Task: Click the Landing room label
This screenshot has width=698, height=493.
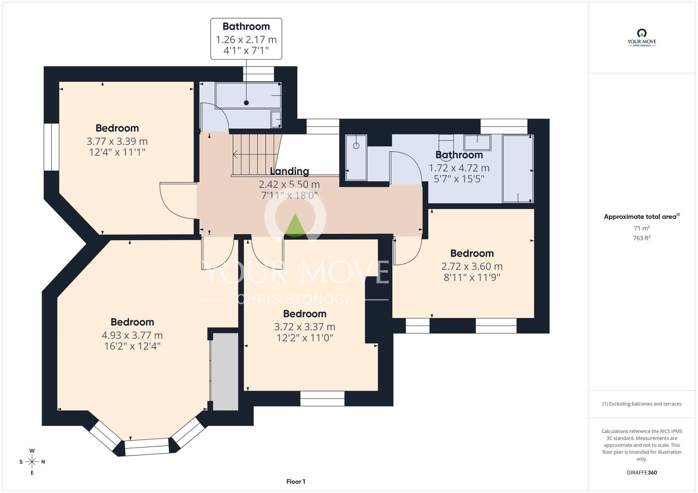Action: [289, 171]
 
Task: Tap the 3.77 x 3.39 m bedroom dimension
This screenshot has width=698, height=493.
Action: [117, 141]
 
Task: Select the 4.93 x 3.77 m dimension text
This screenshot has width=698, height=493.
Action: [132, 335]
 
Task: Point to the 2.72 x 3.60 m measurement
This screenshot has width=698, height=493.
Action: [472, 266]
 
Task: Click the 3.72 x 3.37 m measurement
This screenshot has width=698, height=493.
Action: [305, 327]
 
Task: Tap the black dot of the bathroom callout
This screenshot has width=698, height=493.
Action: [246, 103]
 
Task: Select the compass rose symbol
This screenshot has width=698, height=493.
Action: [32, 462]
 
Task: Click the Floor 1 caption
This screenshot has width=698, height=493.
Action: [296, 481]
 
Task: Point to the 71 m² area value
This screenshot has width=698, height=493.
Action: [642, 228]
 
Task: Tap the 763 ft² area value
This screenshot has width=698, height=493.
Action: [642, 238]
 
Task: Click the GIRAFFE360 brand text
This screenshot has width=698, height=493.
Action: [642, 473]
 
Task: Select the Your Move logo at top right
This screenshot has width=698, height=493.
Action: [642, 38]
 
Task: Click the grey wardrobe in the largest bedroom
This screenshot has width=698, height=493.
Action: [225, 371]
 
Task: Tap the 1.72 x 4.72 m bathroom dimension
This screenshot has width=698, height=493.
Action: [459, 168]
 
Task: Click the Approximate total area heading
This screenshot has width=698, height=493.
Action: [642, 217]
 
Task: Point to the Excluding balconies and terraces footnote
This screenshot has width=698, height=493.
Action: [642, 404]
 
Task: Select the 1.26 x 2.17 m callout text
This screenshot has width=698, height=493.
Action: [246, 40]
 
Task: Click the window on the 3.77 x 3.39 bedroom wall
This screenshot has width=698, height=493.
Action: [51, 147]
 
